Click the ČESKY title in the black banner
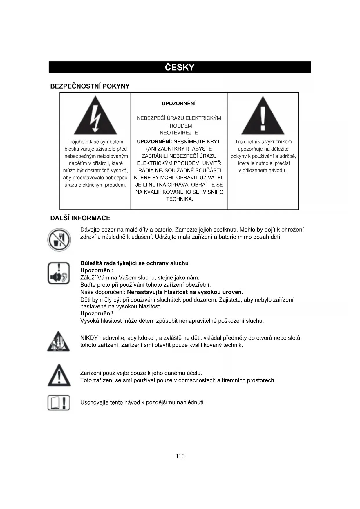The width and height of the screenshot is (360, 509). pos(180,67)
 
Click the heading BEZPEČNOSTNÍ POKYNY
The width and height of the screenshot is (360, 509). pos(90,86)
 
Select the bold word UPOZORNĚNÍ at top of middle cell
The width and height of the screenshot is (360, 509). pos(179,104)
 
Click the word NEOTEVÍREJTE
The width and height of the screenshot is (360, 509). pos(179,133)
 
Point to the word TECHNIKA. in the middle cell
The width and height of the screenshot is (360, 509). pos(180,199)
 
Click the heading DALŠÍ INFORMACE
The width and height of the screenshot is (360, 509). pos(80,218)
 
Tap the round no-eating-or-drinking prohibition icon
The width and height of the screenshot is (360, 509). pos(59,240)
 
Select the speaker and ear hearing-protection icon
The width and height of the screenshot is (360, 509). pos(59,273)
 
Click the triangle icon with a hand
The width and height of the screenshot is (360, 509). pos(59,342)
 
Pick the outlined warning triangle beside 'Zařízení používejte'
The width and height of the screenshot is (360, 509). pos(59,376)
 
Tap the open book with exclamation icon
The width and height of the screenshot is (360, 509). pos(59,403)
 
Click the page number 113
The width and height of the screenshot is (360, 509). pos(180,456)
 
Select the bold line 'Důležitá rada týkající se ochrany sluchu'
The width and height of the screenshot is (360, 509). pos(134,263)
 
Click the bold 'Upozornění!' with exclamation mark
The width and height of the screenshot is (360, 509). pos(97,313)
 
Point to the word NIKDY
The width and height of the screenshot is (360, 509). pos(89,338)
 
